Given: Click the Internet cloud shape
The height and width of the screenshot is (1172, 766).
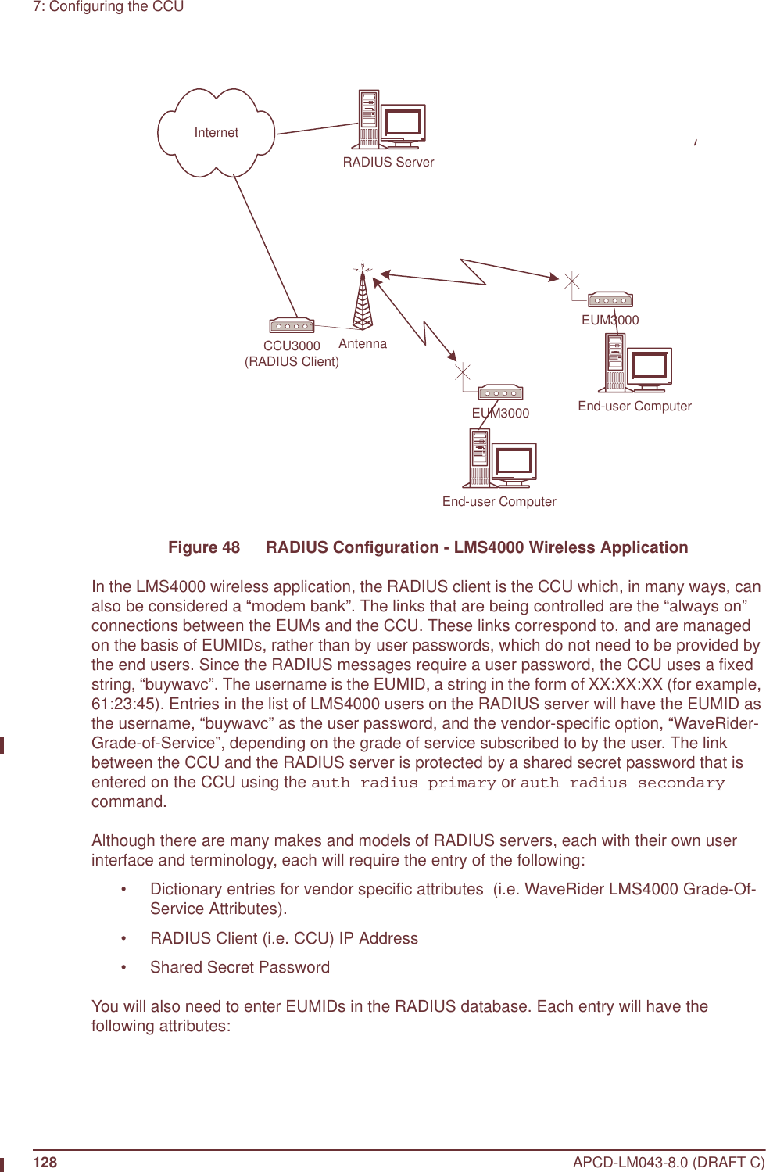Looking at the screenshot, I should [x=216, y=133].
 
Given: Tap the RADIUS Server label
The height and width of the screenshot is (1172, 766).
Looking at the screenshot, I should [x=388, y=163].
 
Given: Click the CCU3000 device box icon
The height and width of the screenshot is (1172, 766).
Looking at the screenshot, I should [x=292, y=325].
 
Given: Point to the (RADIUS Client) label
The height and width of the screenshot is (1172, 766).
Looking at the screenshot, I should [x=292, y=362].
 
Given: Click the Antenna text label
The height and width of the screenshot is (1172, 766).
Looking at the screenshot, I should [x=363, y=344].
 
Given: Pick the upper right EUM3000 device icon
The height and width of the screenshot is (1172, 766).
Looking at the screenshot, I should [x=610, y=299].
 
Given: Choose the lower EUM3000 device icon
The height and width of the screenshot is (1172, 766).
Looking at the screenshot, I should [x=500, y=392].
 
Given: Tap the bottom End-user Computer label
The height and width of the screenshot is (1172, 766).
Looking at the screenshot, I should [x=499, y=502].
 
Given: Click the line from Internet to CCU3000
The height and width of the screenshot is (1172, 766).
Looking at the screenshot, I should [x=266, y=246].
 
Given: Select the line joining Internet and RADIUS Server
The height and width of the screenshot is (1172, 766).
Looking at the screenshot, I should [x=317, y=129].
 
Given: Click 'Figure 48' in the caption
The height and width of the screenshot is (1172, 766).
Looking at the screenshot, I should [x=204, y=547].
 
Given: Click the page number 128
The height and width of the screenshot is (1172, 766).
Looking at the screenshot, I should [x=45, y=1163].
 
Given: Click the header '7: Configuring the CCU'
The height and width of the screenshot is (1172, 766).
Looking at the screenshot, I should [x=108, y=7].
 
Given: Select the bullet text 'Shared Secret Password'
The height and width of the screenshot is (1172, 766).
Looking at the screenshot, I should [x=240, y=968].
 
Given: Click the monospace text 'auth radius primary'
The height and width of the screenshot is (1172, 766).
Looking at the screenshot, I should [x=403, y=783].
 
